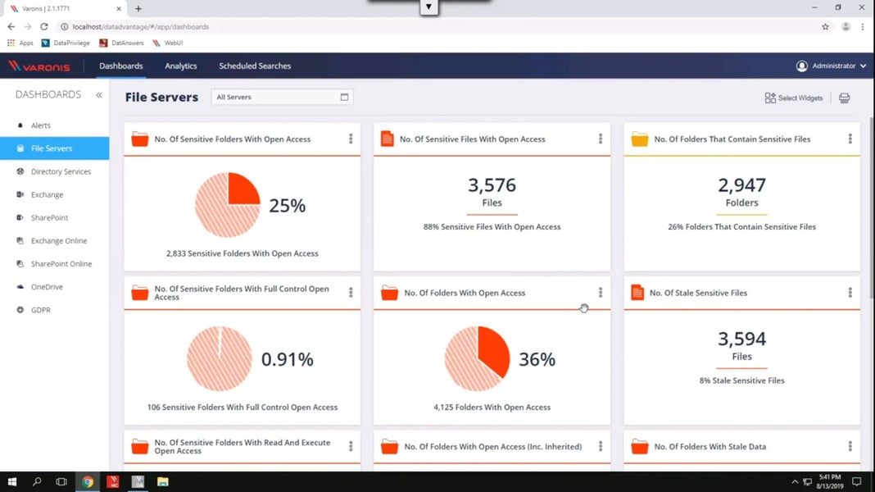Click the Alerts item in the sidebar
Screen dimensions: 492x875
click(x=40, y=125)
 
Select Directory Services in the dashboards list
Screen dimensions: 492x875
click(x=61, y=171)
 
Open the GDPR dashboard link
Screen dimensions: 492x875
click(x=40, y=310)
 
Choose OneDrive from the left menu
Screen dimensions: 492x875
click(x=47, y=287)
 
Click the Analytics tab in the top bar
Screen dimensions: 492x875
click(x=180, y=66)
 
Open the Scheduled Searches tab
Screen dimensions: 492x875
click(x=255, y=66)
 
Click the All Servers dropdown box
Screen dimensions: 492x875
click(x=282, y=97)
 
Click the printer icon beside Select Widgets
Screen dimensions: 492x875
click(x=844, y=98)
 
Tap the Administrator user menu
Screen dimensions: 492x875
click(x=832, y=66)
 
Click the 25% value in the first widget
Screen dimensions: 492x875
click(x=287, y=206)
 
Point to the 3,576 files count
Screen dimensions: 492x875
click(x=492, y=185)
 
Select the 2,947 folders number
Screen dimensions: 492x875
click(x=741, y=185)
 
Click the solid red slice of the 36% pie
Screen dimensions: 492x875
click(x=494, y=348)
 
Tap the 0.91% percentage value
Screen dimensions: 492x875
click(x=287, y=359)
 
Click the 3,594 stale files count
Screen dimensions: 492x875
click(x=741, y=339)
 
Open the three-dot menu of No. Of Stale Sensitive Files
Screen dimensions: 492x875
click(x=850, y=293)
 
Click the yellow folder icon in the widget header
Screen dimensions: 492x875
click(x=639, y=139)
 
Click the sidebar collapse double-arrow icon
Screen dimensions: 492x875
click(x=99, y=95)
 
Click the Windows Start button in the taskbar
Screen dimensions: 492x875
click(x=11, y=482)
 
